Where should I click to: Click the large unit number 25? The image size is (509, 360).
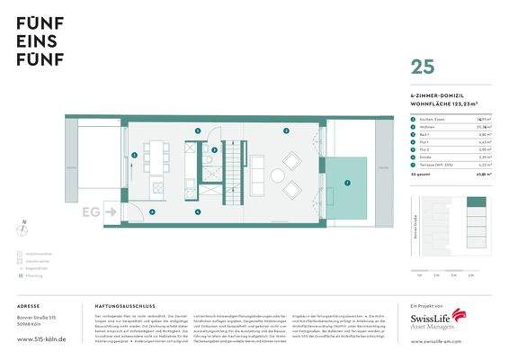click(423, 66)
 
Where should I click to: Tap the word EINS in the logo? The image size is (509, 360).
click(33, 40)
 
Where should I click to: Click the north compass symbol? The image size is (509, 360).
click(24, 229)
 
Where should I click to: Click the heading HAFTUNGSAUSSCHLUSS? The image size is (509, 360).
click(121, 306)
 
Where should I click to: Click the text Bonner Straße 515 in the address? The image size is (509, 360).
click(36, 319)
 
